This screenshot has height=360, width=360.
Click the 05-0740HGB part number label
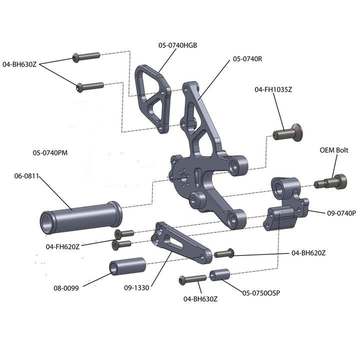click(x=178, y=45)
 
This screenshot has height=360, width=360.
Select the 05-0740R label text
click(x=247, y=59)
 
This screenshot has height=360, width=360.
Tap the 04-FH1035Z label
click(x=273, y=89)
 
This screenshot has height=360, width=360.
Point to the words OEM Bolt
click(x=334, y=150)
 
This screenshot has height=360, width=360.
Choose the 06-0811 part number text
click(x=26, y=175)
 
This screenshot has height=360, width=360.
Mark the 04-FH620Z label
click(x=62, y=246)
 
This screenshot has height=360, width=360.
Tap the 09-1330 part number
click(x=137, y=287)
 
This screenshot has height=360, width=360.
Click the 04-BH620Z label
click(x=308, y=253)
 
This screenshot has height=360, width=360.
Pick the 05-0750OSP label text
click(x=261, y=292)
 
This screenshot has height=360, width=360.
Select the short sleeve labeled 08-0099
click(x=127, y=266)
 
